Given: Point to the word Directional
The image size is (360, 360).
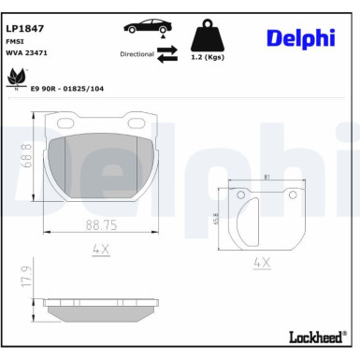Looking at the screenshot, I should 136,53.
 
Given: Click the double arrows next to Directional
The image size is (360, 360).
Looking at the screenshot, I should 166,54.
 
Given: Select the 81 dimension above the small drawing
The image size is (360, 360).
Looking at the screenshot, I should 267,177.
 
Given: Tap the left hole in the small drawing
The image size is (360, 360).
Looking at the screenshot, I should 242,195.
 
